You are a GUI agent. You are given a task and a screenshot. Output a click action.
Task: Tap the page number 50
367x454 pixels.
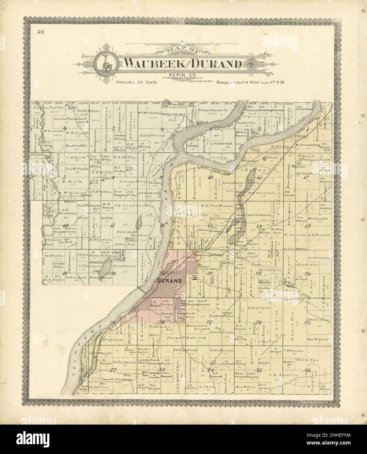(x=41, y=32)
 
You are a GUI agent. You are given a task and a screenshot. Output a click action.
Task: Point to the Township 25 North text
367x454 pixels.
(x=137, y=83)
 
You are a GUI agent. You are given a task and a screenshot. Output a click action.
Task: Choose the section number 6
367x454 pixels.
(x=65, y=128)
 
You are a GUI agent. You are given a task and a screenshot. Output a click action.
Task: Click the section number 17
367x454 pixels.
(x=113, y=225)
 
